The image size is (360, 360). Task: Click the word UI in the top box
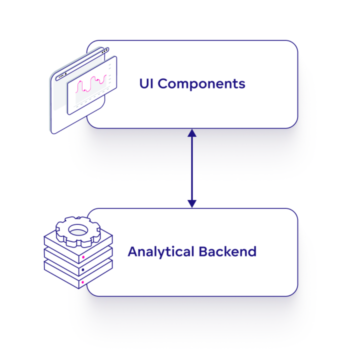coord(146,83)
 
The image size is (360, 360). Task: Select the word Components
coord(201,84)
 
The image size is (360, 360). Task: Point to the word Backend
coord(227,251)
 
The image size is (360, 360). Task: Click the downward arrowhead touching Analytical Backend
coord(192,203)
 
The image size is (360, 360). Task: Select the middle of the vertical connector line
coord(192,168)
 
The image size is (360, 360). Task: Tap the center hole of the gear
coord(78,229)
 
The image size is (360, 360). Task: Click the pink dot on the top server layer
coord(83,257)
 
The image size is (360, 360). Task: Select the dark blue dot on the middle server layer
coord(83,270)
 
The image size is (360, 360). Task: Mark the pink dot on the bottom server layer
coord(83,282)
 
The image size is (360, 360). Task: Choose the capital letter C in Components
coord(163,83)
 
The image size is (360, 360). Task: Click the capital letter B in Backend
coord(203,251)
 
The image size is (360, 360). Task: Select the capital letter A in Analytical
coord(132,251)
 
